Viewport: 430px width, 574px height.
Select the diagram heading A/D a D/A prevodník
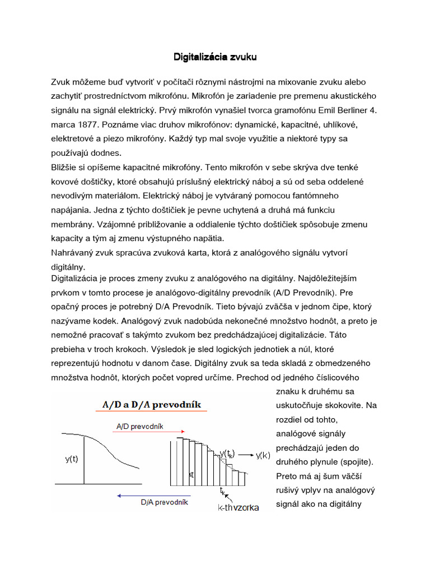point(151,405)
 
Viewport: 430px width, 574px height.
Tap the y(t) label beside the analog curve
point(71,459)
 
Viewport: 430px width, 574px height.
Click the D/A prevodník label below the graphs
point(164,502)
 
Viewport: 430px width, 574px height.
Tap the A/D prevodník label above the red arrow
point(140,426)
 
